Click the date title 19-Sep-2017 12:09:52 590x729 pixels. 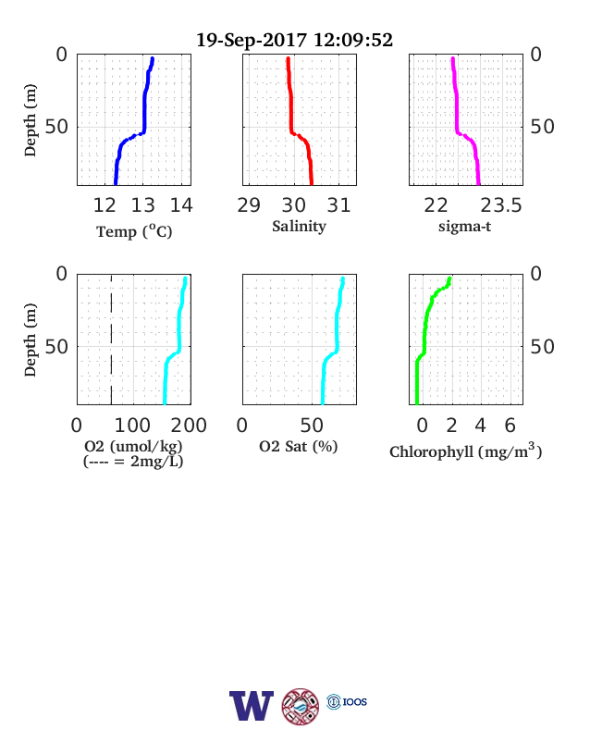(x=294, y=40)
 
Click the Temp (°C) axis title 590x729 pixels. (x=134, y=231)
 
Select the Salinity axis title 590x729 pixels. (x=299, y=227)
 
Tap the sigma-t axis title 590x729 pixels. (x=464, y=227)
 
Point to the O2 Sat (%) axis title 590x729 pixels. (x=299, y=446)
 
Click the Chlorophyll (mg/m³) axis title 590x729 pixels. (x=465, y=451)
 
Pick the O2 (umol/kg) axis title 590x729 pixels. (x=133, y=446)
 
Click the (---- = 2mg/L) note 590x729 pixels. (x=133, y=462)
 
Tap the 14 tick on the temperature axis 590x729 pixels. (x=181, y=205)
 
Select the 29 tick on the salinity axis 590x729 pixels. (x=249, y=205)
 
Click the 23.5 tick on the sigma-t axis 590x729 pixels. (x=501, y=205)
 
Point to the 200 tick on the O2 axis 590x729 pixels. (x=189, y=425)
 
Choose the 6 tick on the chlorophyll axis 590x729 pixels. (x=510, y=425)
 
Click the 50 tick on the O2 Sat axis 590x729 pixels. (x=312, y=425)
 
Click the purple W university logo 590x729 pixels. (x=252, y=705)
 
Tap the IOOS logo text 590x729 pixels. (x=355, y=701)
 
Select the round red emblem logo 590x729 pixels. (x=301, y=707)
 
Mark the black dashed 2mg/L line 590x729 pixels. (x=112, y=340)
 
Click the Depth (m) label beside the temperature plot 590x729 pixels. (x=30, y=120)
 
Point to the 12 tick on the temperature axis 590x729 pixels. (x=104, y=205)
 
